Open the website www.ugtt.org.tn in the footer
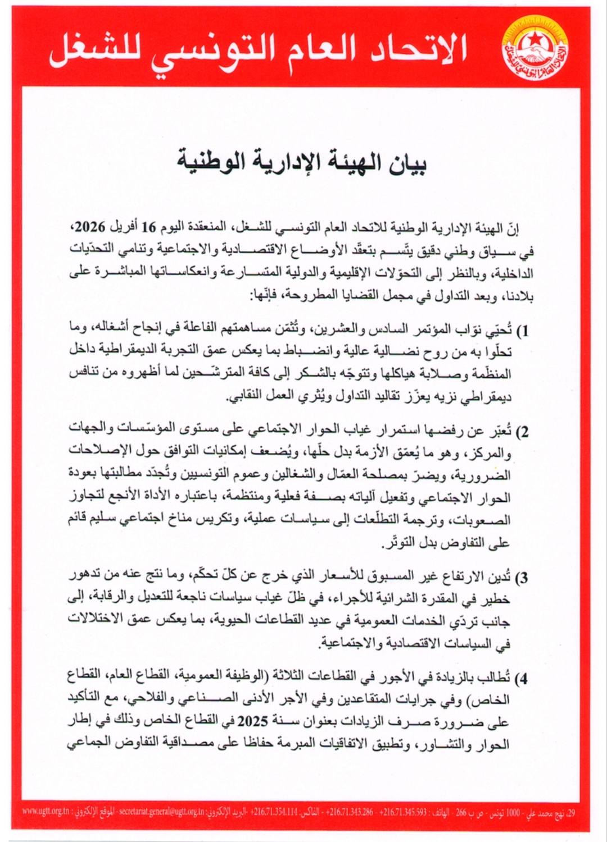46,812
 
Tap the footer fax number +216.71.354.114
274,812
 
